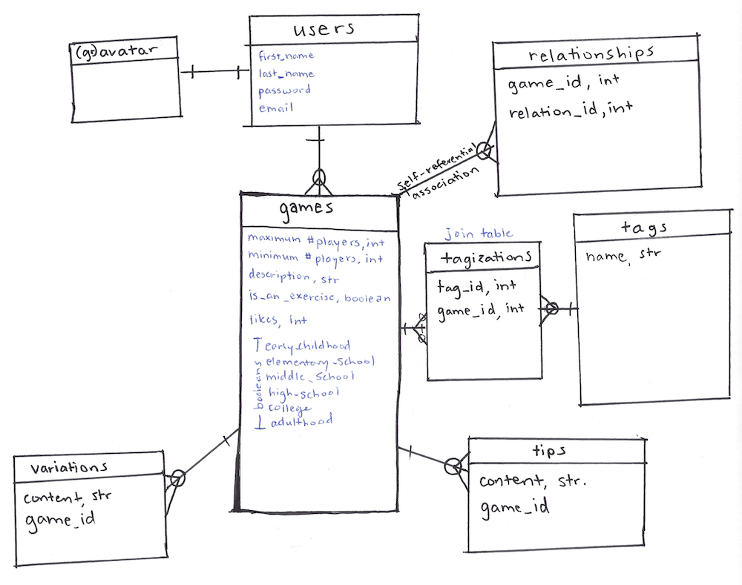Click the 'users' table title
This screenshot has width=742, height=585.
(x=324, y=30)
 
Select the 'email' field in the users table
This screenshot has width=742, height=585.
(x=276, y=108)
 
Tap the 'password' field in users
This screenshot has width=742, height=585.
(x=284, y=90)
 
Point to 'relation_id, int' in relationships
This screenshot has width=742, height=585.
(x=571, y=111)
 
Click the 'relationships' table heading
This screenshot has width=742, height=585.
(x=591, y=53)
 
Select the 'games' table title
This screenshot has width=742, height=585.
(x=306, y=208)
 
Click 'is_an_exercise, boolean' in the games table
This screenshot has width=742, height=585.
(x=319, y=298)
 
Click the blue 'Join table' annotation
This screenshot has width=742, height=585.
(x=479, y=234)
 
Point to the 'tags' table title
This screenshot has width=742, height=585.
(x=643, y=228)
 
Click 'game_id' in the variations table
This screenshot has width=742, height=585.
(x=59, y=520)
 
